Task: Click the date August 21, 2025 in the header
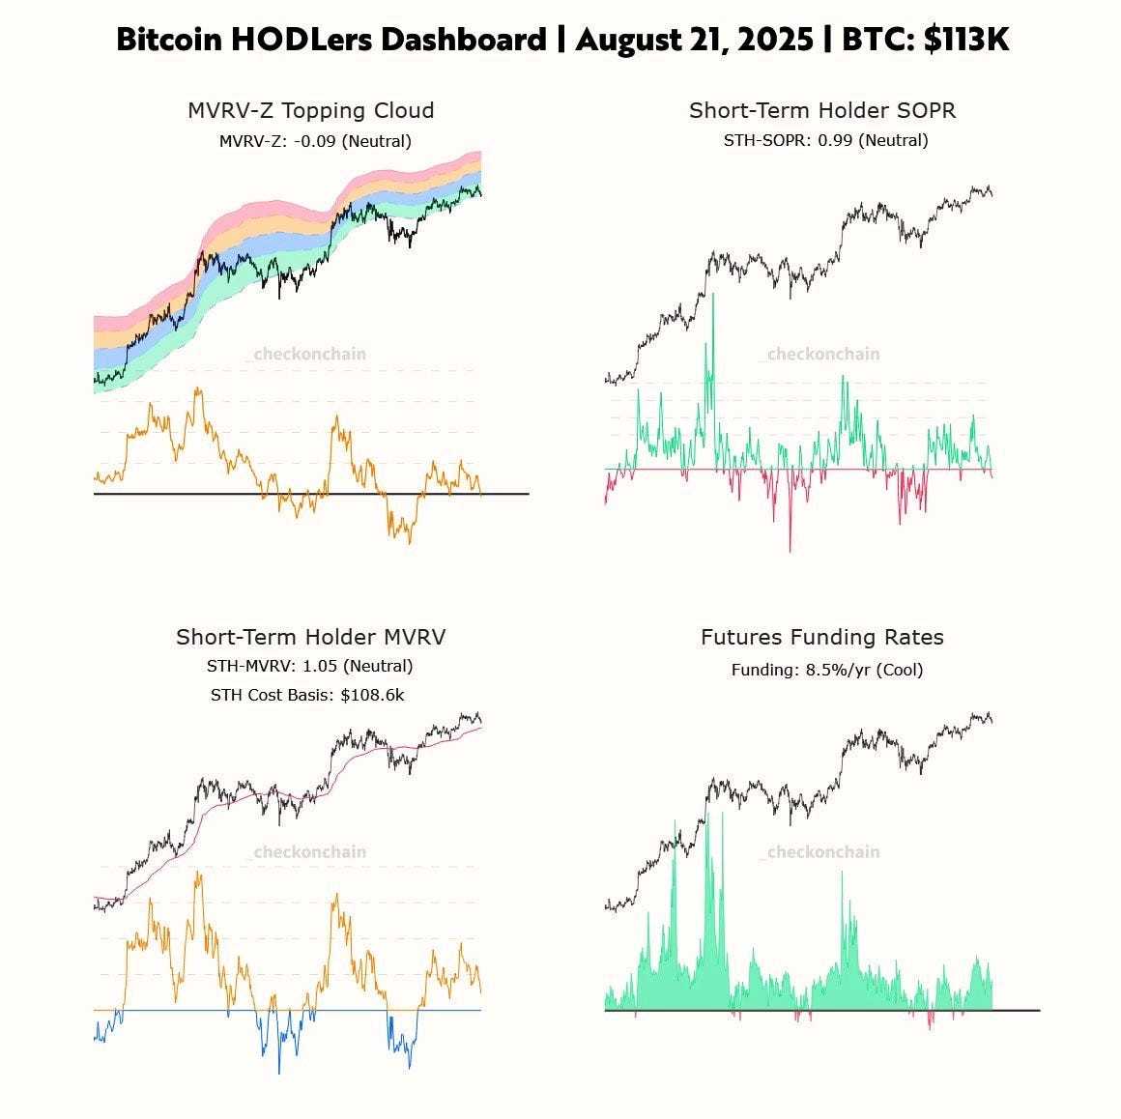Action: click(694, 40)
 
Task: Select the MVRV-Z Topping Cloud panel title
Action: click(310, 110)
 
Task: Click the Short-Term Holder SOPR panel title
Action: click(822, 110)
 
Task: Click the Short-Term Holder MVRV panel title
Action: click(310, 637)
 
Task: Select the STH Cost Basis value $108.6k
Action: click(372, 694)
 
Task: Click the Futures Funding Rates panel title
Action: click(822, 637)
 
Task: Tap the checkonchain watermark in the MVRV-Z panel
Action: click(309, 354)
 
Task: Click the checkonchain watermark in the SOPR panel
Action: click(823, 354)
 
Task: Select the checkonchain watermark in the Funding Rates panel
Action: click(823, 851)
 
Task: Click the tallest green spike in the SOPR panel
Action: click(713, 296)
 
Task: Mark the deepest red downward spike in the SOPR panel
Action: click(790, 549)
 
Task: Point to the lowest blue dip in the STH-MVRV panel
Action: click(279, 1072)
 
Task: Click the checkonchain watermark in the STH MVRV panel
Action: click(309, 851)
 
